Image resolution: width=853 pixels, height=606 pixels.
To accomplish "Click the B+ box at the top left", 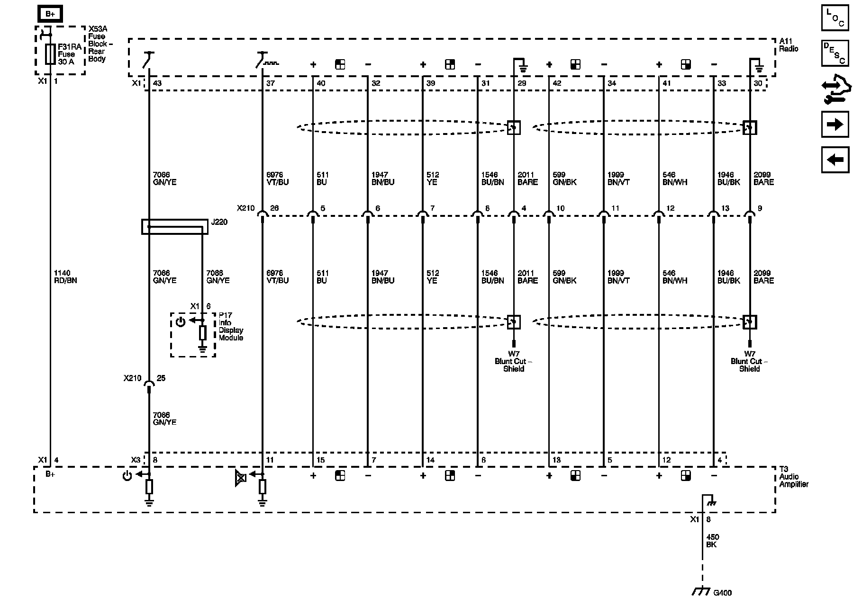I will click(x=50, y=14).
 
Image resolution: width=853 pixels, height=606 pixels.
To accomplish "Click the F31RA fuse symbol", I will click(x=50, y=54).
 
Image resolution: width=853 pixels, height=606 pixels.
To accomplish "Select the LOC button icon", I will click(x=835, y=18).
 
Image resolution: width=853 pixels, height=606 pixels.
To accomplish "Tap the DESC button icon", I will click(x=835, y=53).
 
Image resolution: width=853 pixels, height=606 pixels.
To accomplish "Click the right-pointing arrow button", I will click(x=835, y=125).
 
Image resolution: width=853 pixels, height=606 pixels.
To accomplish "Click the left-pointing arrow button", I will click(x=835, y=160).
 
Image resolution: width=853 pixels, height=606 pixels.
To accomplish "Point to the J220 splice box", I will click(x=175, y=227).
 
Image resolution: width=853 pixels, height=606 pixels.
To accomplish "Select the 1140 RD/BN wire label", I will click(x=65, y=276).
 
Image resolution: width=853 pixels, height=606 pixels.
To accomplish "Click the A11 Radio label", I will click(x=789, y=45).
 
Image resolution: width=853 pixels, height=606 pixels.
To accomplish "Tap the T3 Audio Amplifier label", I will click(x=794, y=477).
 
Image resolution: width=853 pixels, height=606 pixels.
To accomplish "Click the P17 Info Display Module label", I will click(x=231, y=327).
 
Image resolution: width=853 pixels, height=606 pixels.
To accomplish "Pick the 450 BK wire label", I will click(x=712, y=541).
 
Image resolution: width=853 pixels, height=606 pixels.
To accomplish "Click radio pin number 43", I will click(x=157, y=83).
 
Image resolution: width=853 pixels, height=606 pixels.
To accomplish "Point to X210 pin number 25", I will click(x=161, y=378).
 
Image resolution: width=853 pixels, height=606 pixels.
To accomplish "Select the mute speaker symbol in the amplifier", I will click(x=241, y=478).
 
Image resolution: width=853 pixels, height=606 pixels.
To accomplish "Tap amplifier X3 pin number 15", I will click(x=320, y=460).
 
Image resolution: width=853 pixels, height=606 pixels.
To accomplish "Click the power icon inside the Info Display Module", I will click(x=180, y=322).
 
